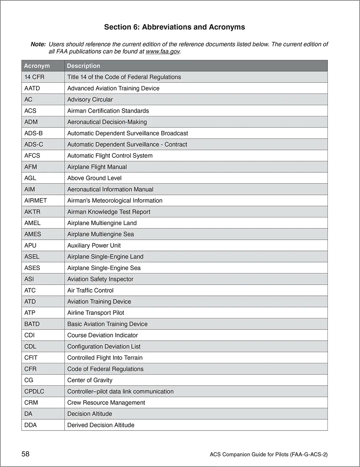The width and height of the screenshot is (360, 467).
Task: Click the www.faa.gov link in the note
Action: (x=162, y=52)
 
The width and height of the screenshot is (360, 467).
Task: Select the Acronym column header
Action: (x=37, y=66)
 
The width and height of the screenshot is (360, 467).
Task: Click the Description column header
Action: (x=83, y=66)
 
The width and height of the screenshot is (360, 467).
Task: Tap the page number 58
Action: (x=26, y=454)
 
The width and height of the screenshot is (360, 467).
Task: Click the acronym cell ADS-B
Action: (x=34, y=133)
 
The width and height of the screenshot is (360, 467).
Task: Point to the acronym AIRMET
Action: (x=35, y=201)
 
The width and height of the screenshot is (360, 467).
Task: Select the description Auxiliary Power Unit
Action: (x=94, y=246)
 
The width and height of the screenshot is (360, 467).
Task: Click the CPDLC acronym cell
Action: (x=34, y=391)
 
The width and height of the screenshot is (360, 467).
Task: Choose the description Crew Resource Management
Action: (x=106, y=403)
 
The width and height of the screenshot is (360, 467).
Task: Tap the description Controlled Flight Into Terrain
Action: (x=105, y=358)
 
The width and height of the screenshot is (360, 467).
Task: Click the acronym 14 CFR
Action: (x=34, y=77)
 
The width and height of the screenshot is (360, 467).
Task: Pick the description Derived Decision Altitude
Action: (x=101, y=425)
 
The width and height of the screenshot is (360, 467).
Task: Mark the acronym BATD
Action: (x=32, y=324)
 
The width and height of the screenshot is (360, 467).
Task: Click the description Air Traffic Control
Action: (x=90, y=290)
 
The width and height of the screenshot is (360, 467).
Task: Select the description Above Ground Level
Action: (x=94, y=178)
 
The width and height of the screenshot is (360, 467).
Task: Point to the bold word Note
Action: (x=38, y=44)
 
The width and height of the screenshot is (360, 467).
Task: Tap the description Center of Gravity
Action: (x=90, y=380)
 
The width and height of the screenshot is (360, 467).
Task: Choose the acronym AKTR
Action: (x=32, y=212)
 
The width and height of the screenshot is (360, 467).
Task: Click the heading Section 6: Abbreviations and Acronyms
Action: (x=175, y=27)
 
